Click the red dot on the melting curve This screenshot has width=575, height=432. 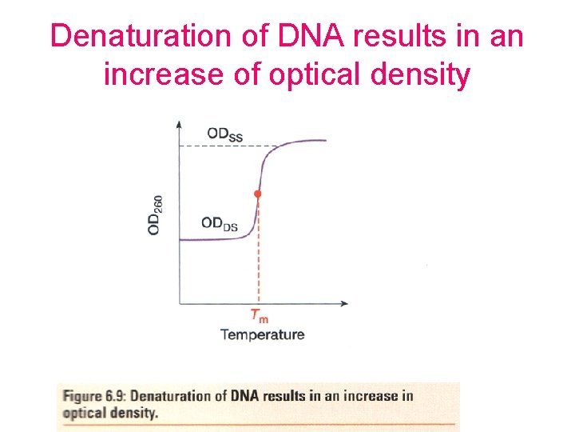tap(257, 194)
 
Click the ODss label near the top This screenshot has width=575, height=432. tap(224, 134)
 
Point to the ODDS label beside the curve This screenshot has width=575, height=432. tap(220, 224)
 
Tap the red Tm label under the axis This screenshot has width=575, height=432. tap(259, 315)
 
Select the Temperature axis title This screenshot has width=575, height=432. tap(262, 334)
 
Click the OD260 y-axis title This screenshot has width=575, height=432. tap(157, 214)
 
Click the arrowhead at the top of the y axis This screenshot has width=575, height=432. tap(179, 123)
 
